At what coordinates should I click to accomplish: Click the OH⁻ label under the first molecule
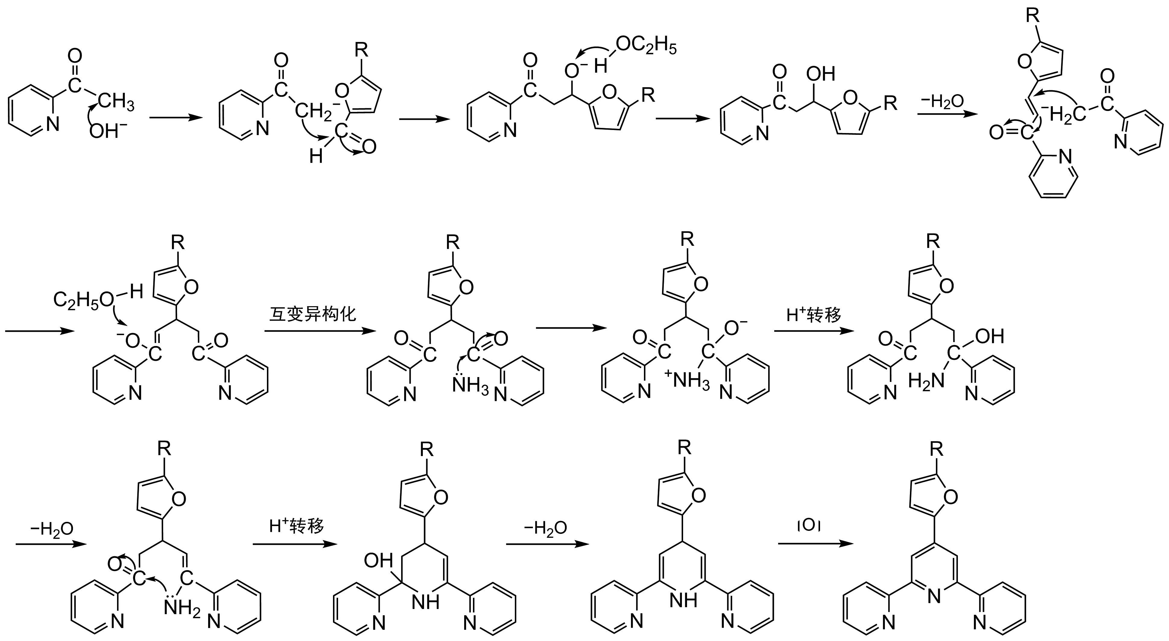point(108,132)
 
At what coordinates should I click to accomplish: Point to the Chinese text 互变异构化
point(313,314)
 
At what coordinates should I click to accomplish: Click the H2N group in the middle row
point(926,381)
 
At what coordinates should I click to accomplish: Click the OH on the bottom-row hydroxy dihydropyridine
point(378,561)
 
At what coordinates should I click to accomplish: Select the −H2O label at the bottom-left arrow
point(51,529)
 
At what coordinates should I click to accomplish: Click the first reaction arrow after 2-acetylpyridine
point(176,118)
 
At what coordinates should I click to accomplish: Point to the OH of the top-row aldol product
point(820,74)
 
